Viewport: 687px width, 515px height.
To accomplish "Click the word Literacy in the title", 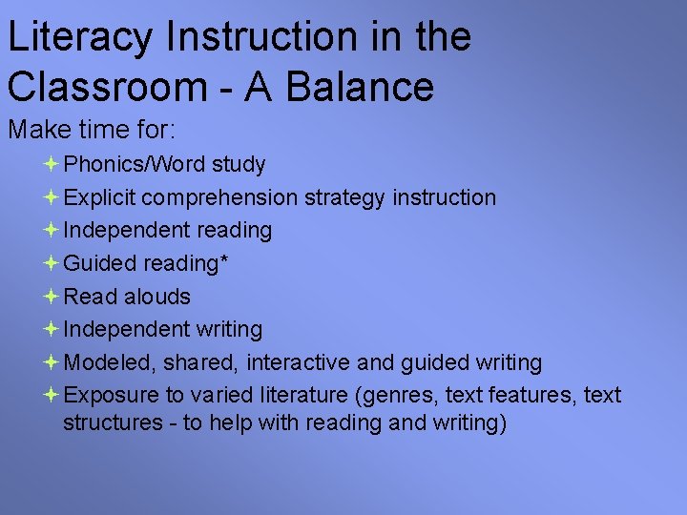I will tap(79, 38).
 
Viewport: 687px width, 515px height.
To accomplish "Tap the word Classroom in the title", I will tap(102, 86).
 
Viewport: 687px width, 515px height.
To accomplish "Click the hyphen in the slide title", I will tap(224, 88).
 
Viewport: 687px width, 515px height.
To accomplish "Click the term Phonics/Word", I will tap(135, 165).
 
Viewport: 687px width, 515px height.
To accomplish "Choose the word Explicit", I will tap(101, 198).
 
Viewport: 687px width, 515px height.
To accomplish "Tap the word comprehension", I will tap(221, 198).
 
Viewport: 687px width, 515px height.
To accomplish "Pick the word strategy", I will tap(343, 198).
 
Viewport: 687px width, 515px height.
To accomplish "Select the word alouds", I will tap(156, 297).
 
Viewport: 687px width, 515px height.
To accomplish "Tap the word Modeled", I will tap(110, 362).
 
